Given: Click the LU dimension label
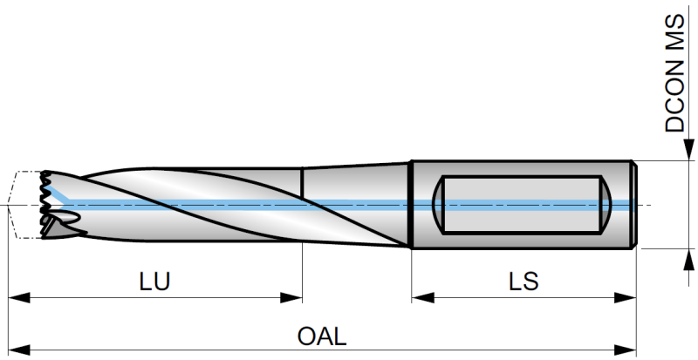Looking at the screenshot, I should coord(154,282).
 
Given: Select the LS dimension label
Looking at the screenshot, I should coord(524,282).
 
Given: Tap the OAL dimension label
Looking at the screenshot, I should coord(323,336).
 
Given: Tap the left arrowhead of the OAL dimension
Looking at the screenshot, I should coord(16,350).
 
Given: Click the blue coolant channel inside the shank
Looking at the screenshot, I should coord(523,206).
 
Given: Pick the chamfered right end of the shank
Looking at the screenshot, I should coord(633,205).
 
